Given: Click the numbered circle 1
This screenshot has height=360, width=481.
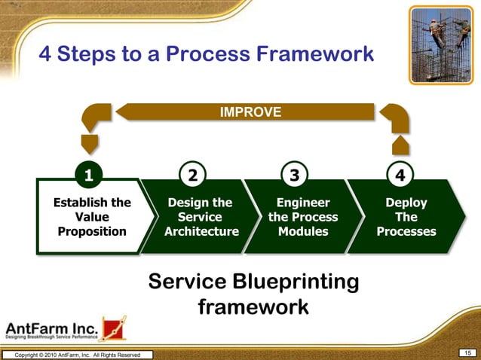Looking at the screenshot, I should pyautogui.click(x=89, y=175).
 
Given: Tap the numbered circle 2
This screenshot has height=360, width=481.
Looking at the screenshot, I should pyautogui.click(x=193, y=175).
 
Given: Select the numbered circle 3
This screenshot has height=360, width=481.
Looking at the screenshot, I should pyautogui.click(x=295, y=175).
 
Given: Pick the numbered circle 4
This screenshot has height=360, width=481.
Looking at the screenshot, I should pyautogui.click(x=400, y=175).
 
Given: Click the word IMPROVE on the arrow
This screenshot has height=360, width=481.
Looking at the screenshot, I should pyautogui.click(x=250, y=112).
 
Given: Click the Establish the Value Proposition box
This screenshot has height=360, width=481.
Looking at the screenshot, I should pyautogui.click(x=92, y=217).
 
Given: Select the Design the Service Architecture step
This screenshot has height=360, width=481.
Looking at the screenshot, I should pyautogui.click(x=201, y=217).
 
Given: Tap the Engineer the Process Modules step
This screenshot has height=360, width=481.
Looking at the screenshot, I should pyautogui.click(x=303, y=217).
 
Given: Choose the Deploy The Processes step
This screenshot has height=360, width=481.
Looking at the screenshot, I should pyautogui.click(x=407, y=217).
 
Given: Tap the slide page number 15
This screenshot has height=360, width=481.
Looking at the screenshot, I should pyautogui.click(x=467, y=353).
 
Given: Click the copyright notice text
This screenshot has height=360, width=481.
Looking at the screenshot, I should pyautogui.click(x=76, y=355).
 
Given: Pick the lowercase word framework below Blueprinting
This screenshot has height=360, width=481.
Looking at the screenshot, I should pyautogui.click(x=253, y=307).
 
